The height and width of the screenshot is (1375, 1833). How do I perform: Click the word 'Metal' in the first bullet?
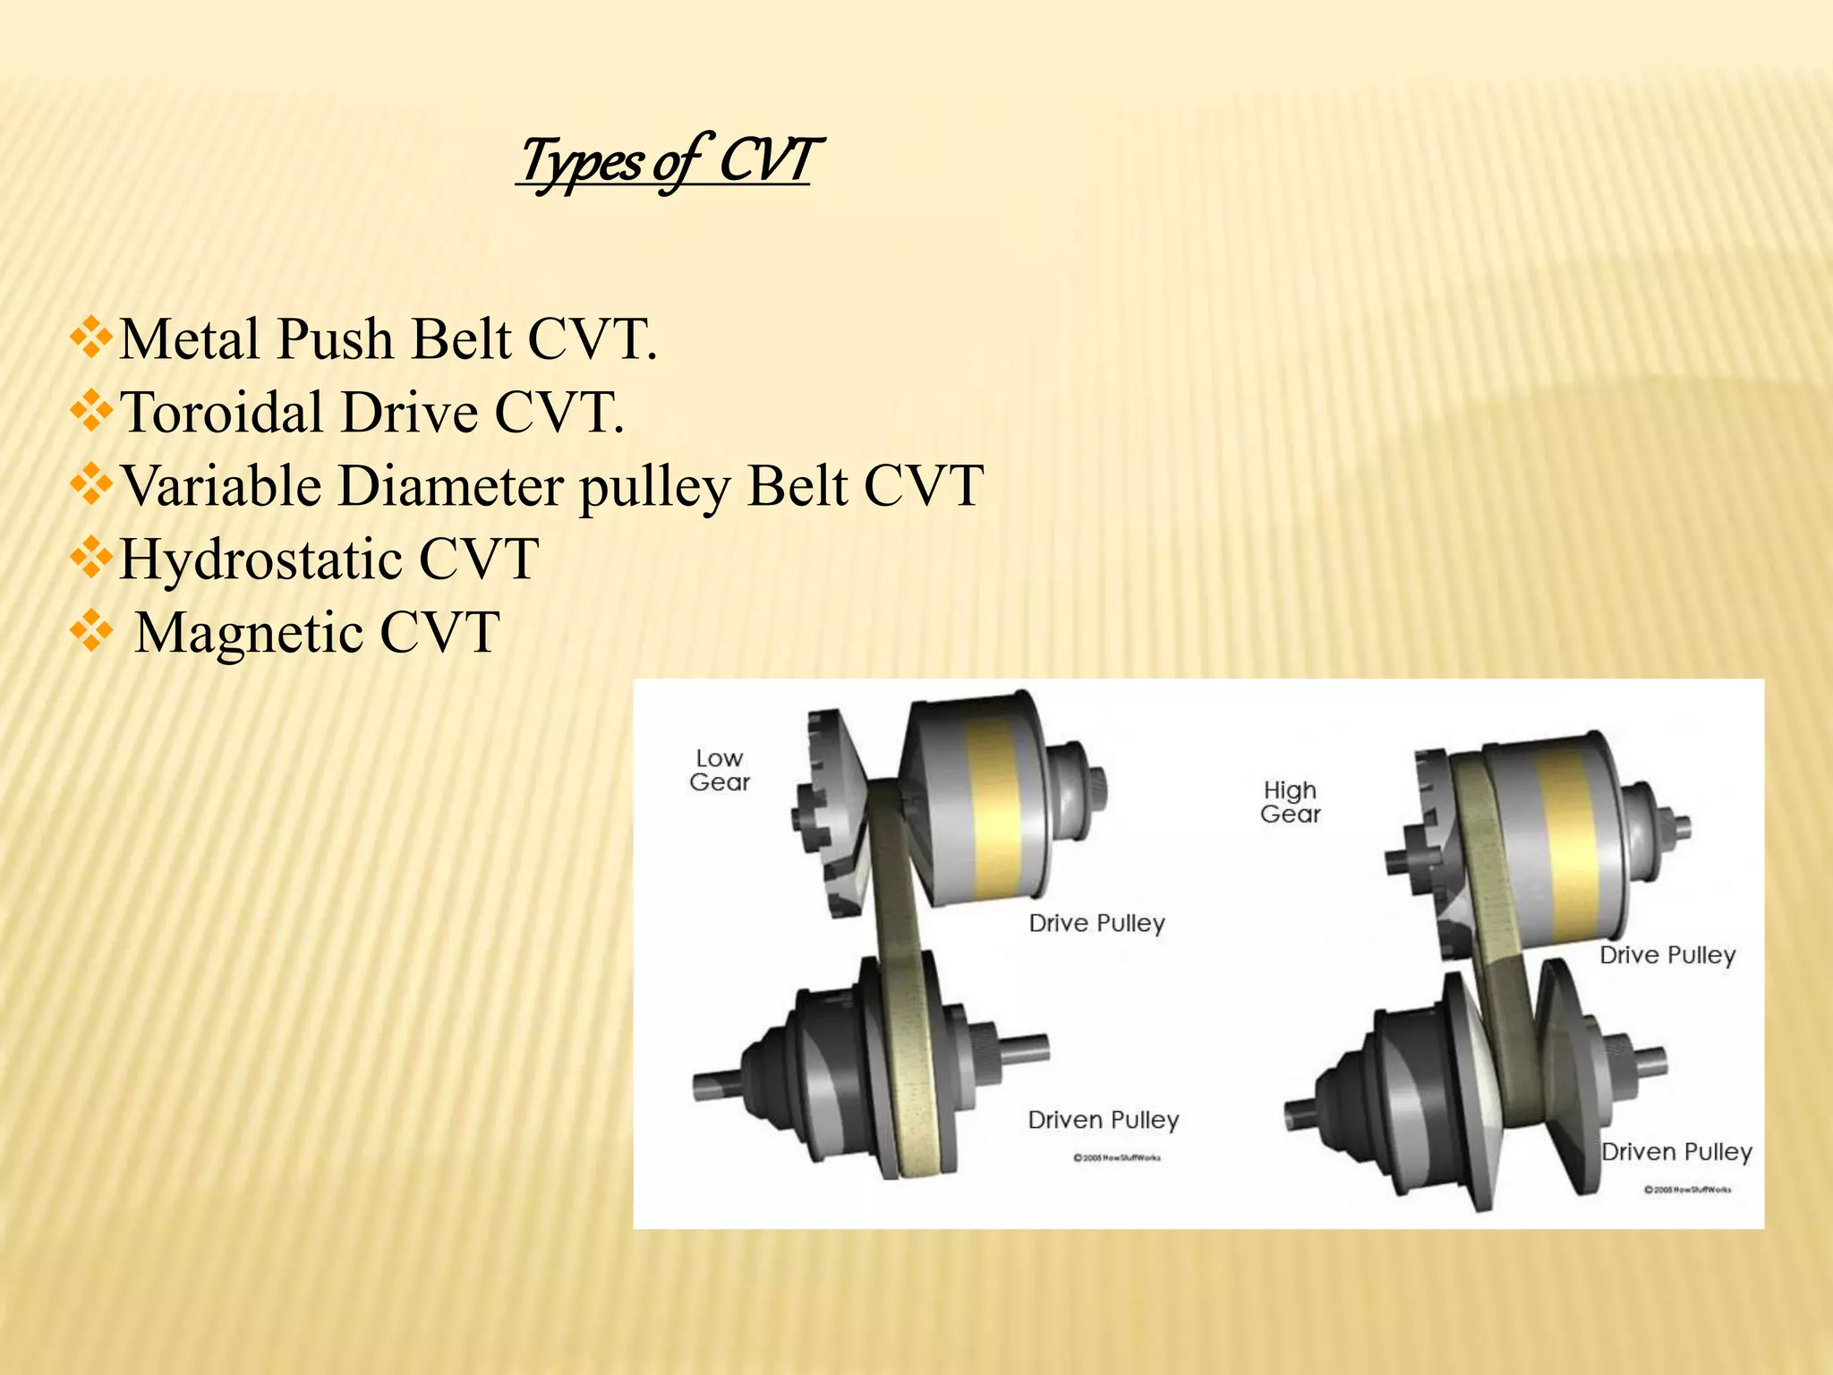pyautogui.click(x=192, y=340)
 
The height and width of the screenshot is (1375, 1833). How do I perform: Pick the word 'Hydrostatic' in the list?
pyautogui.click(x=260, y=559)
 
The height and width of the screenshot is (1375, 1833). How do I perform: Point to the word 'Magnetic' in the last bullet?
pyautogui.click(x=249, y=633)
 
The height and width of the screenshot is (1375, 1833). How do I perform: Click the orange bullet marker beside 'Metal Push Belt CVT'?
pyautogui.click(x=91, y=340)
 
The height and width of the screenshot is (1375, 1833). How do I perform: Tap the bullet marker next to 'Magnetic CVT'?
pyautogui.click(x=91, y=633)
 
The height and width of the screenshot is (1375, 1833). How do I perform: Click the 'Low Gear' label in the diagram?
pyautogui.click(x=720, y=770)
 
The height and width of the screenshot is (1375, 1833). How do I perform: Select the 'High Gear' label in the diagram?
pyautogui.click(x=1291, y=802)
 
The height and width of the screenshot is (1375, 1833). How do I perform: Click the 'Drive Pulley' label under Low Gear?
pyautogui.click(x=1097, y=923)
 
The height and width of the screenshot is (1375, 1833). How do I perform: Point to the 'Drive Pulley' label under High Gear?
pyautogui.click(x=1667, y=955)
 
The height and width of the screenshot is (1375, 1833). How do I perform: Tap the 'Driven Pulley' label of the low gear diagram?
pyautogui.click(x=1104, y=1120)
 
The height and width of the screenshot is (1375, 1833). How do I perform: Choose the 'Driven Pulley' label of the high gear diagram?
pyautogui.click(x=1676, y=1152)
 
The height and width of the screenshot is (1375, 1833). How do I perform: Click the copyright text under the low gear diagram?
pyautogui.click(x=1117, y=1158)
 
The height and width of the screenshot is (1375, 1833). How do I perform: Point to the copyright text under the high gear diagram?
pyautogui.click(x=1688, y=1190)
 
